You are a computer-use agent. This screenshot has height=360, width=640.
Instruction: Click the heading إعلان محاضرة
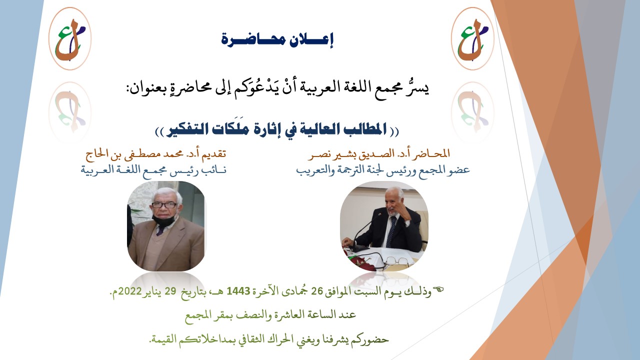(277, 40)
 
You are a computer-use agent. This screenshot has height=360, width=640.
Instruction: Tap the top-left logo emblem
(70, 38)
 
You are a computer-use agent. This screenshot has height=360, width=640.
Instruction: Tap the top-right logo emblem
(472, 38)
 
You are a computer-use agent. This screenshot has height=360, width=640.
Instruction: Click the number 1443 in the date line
(238, 291)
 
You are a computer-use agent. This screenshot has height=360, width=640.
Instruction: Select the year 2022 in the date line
(129, 291)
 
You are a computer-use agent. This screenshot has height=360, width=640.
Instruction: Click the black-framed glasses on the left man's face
(164, 205)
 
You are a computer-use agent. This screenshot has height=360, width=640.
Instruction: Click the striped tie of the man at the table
(390, 232)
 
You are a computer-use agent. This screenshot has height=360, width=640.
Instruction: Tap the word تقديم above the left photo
(214, 154)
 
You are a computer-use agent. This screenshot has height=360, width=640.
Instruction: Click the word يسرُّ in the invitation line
(419, 87)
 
